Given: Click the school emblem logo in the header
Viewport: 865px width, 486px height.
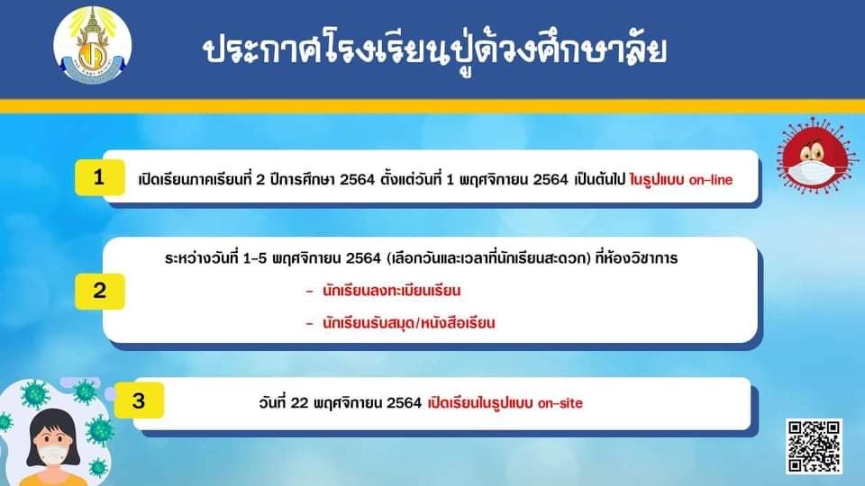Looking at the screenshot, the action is click(92, 45).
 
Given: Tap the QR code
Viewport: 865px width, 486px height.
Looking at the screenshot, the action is click(814, 445).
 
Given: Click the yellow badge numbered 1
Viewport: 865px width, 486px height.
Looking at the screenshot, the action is click(99, 177).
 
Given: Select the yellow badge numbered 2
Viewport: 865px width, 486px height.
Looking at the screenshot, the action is click(99, 291).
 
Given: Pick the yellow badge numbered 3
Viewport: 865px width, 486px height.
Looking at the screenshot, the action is click(139, 400).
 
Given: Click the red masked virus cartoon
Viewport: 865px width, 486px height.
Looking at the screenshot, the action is click(815, 156).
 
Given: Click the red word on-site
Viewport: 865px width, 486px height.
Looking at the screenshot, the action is click(560, 403).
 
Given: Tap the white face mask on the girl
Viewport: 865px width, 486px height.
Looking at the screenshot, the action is click(53, 455).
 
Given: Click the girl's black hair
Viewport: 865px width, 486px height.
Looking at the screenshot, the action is click(53, 424).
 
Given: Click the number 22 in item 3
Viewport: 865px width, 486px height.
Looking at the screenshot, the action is click(299, 403).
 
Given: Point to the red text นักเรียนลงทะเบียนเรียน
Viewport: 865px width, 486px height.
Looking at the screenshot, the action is click(391, 291).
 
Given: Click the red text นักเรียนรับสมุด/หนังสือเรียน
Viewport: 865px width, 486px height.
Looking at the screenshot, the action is click(409, 323).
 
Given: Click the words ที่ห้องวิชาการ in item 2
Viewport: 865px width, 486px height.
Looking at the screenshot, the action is click(637, 258).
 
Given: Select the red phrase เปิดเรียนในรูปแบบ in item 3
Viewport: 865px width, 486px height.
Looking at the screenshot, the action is click(480, 403).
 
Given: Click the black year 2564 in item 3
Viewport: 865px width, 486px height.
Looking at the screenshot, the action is click(405, 403).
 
